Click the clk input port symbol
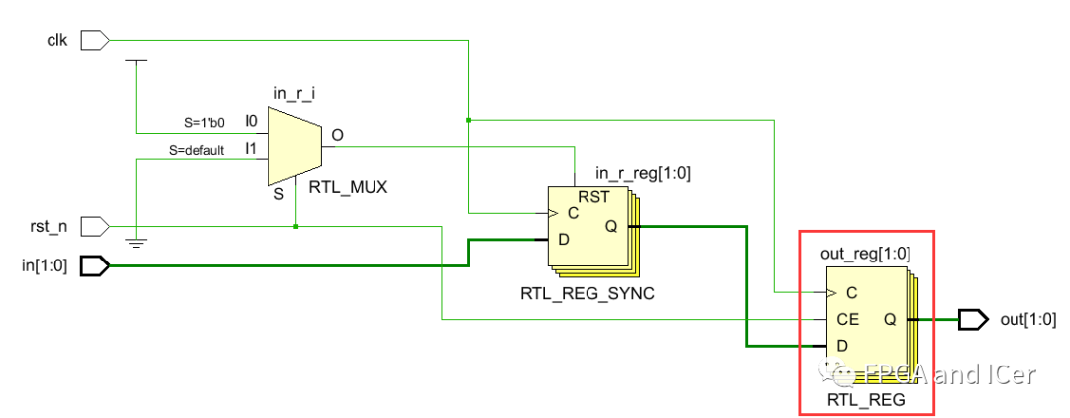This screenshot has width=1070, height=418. coord(93,40)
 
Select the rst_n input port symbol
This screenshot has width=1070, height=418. coord(93,227)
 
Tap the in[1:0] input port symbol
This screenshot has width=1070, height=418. coord(93,265)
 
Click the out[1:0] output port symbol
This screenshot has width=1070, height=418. coord(973,319)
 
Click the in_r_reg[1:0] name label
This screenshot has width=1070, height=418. coord(643,173)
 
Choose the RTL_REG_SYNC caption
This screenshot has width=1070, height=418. coord(587,293)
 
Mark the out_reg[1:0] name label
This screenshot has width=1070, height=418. coord(866,254)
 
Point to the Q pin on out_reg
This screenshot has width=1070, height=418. coord(889,319)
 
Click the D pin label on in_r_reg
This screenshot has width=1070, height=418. coord(564,239)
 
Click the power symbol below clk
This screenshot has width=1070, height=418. coord(137,61)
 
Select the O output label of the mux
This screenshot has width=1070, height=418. coord(337,135)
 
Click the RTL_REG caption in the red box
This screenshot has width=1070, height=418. coord(866,399)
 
